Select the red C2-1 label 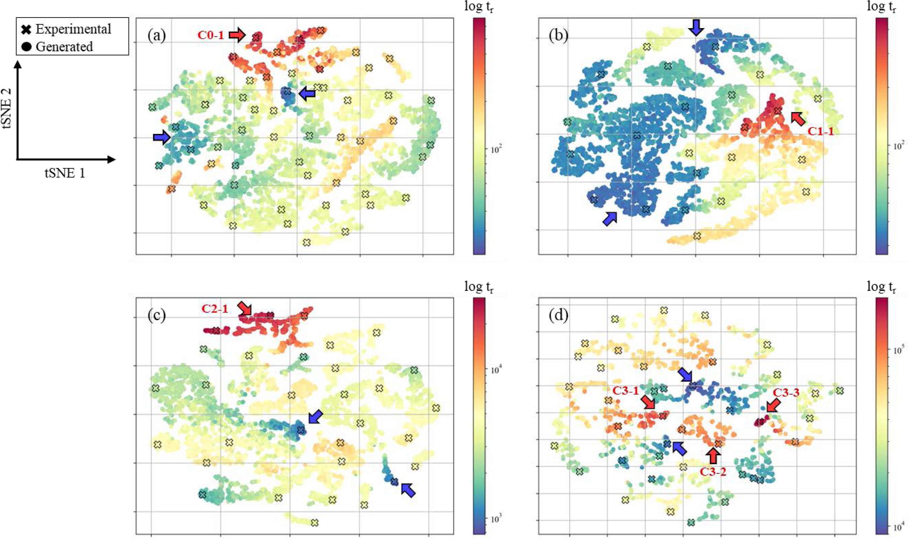coord(215,309)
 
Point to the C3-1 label coord(625,391)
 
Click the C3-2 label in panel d coord(713,472)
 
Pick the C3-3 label coord(786,393)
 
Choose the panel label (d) coord(558,316)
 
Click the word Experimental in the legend coord(73,29)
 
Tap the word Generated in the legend coord(64,47)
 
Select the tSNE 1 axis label coord(65,173)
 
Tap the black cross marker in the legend coord(26,29)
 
